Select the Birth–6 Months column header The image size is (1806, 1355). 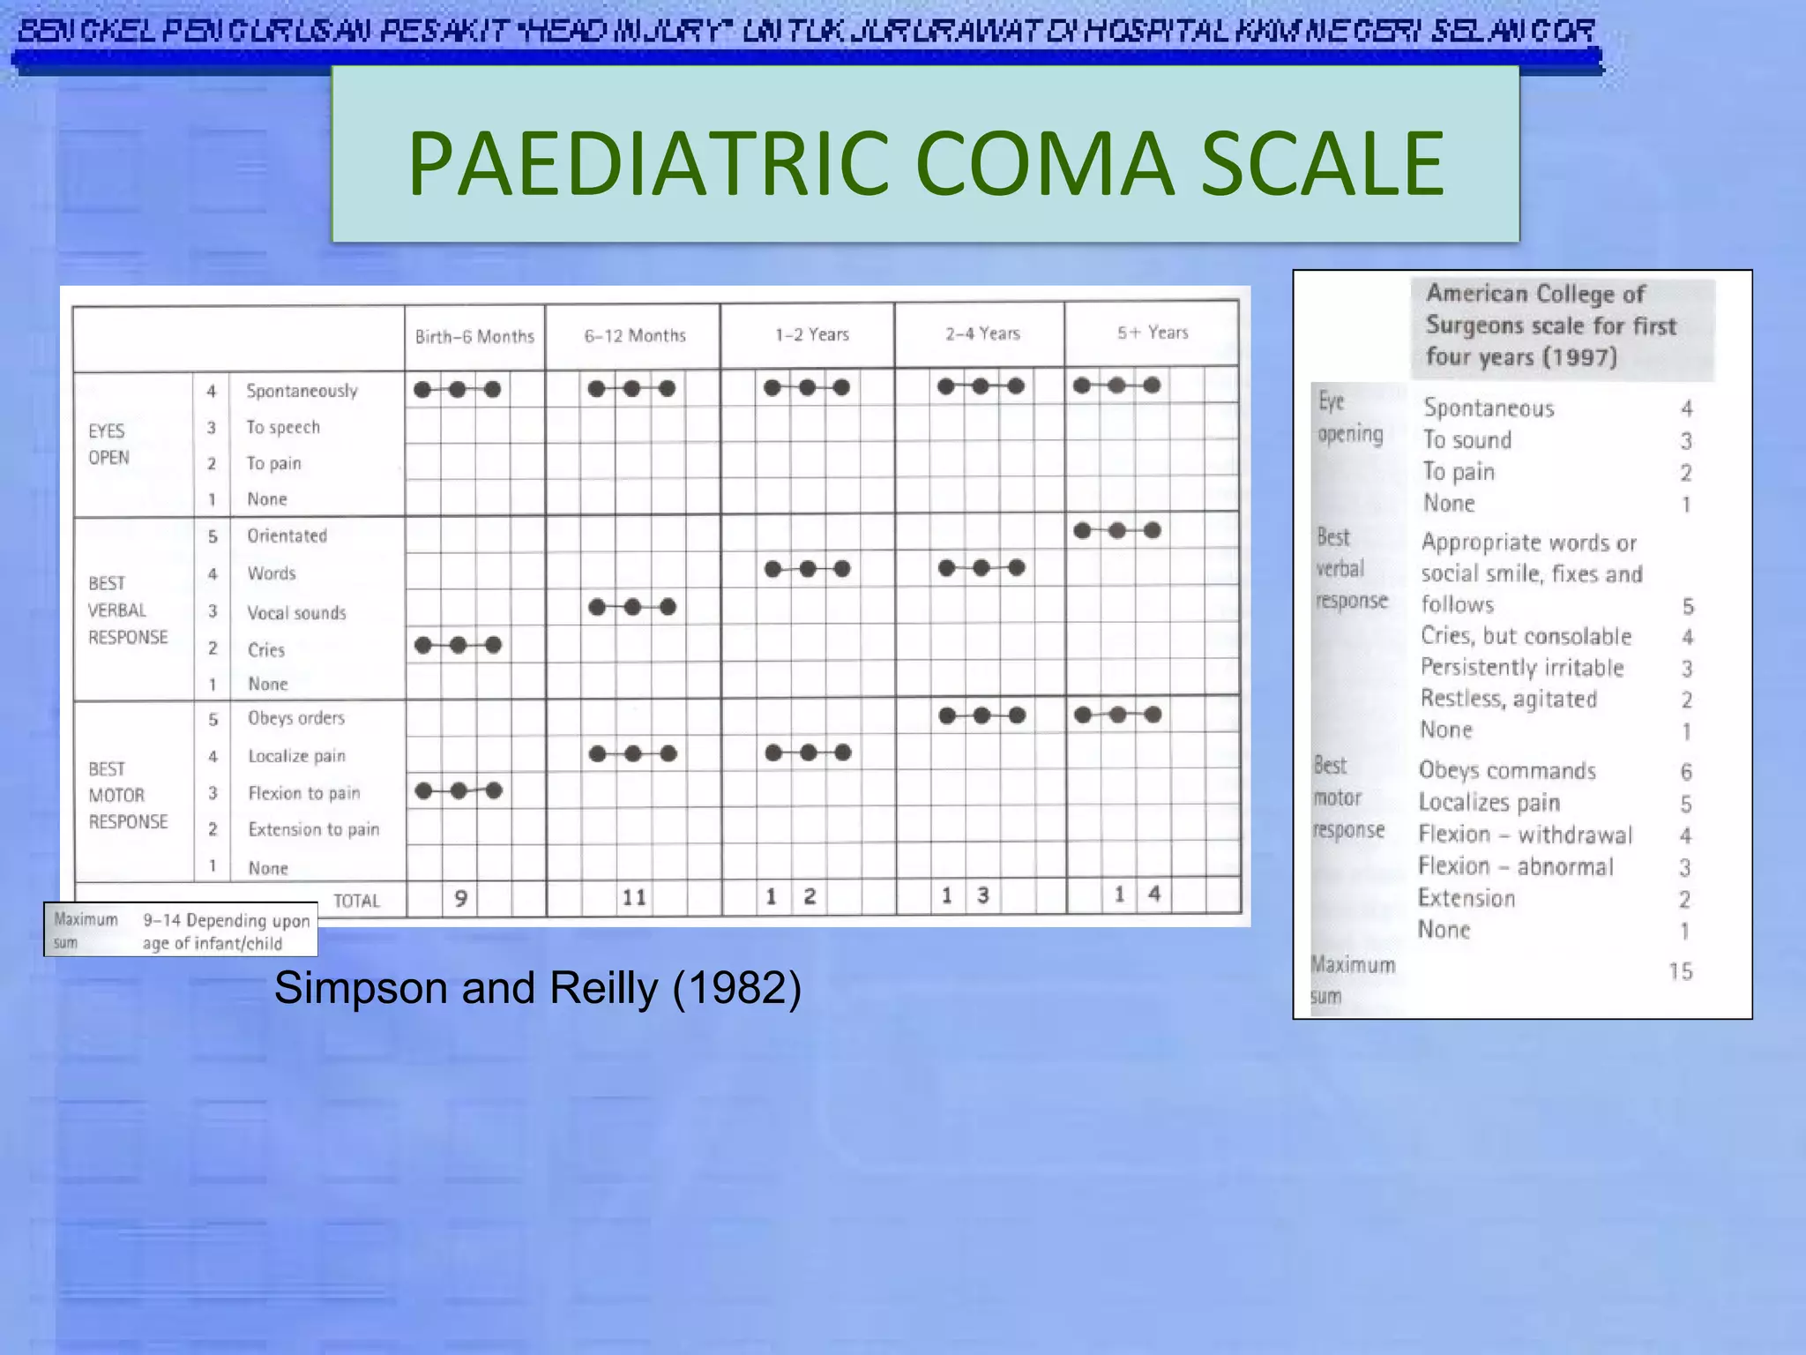(474, 337)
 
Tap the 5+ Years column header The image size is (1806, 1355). (1153, 333)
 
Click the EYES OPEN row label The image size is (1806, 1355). (108, 444)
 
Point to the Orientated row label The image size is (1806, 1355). (287, 536)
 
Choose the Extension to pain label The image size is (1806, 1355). (313, 830)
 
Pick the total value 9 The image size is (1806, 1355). (460, 899)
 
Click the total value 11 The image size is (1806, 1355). (634, 898)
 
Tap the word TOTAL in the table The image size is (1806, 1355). (356, 901)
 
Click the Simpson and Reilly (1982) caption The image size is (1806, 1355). (537, 988)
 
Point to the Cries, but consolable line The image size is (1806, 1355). (1526, 637)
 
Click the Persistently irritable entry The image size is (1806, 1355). (1522, 668)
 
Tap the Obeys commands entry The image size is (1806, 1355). (1507, 771)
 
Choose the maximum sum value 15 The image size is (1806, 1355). (1681, 971)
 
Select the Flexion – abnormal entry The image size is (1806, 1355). (1516, 867)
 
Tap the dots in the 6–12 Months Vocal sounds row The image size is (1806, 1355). (632, 607)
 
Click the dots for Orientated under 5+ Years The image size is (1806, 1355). (1117, 530)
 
